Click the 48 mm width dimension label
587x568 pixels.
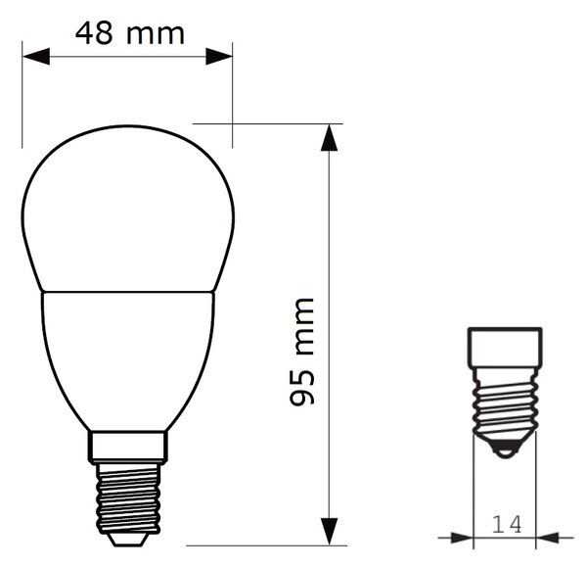click(129, 33)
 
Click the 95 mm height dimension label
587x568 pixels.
click(301, 352)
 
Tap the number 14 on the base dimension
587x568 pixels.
click(507, 525)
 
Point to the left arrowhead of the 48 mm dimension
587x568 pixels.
click(36, 57)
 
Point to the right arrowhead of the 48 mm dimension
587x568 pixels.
click(219, 57)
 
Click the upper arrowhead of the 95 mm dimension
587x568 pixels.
click(329, 138)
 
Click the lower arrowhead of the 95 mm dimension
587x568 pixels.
click(329, 532)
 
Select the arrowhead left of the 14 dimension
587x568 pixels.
click(463, 538)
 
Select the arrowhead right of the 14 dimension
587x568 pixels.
click(547, 538)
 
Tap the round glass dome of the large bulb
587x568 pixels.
click(127, 208)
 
